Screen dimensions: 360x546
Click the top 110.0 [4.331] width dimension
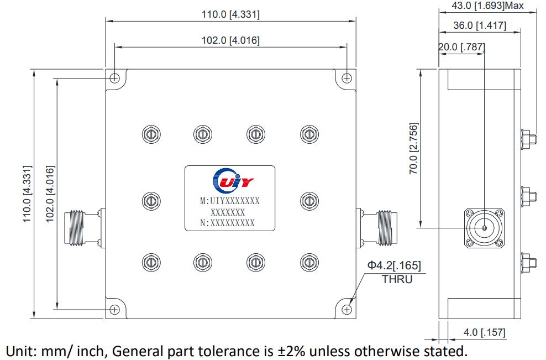point(230,14)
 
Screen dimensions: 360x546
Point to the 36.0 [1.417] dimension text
point(479,25)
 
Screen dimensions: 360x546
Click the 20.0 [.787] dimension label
point(461,47)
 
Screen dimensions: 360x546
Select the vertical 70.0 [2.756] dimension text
point(413,149)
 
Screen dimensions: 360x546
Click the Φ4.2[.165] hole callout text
point(395,266)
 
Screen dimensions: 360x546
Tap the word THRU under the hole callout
point(397,279)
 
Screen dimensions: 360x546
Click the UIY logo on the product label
point(230,180)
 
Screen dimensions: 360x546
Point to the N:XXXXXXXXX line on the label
point(227,223)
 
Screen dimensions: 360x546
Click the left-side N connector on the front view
point(82,227)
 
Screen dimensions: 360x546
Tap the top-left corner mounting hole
point(114,78)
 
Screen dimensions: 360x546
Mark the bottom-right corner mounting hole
point(347,309)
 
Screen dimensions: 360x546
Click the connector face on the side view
point(484,227)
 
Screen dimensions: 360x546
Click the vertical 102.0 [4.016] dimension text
point(50,194)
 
